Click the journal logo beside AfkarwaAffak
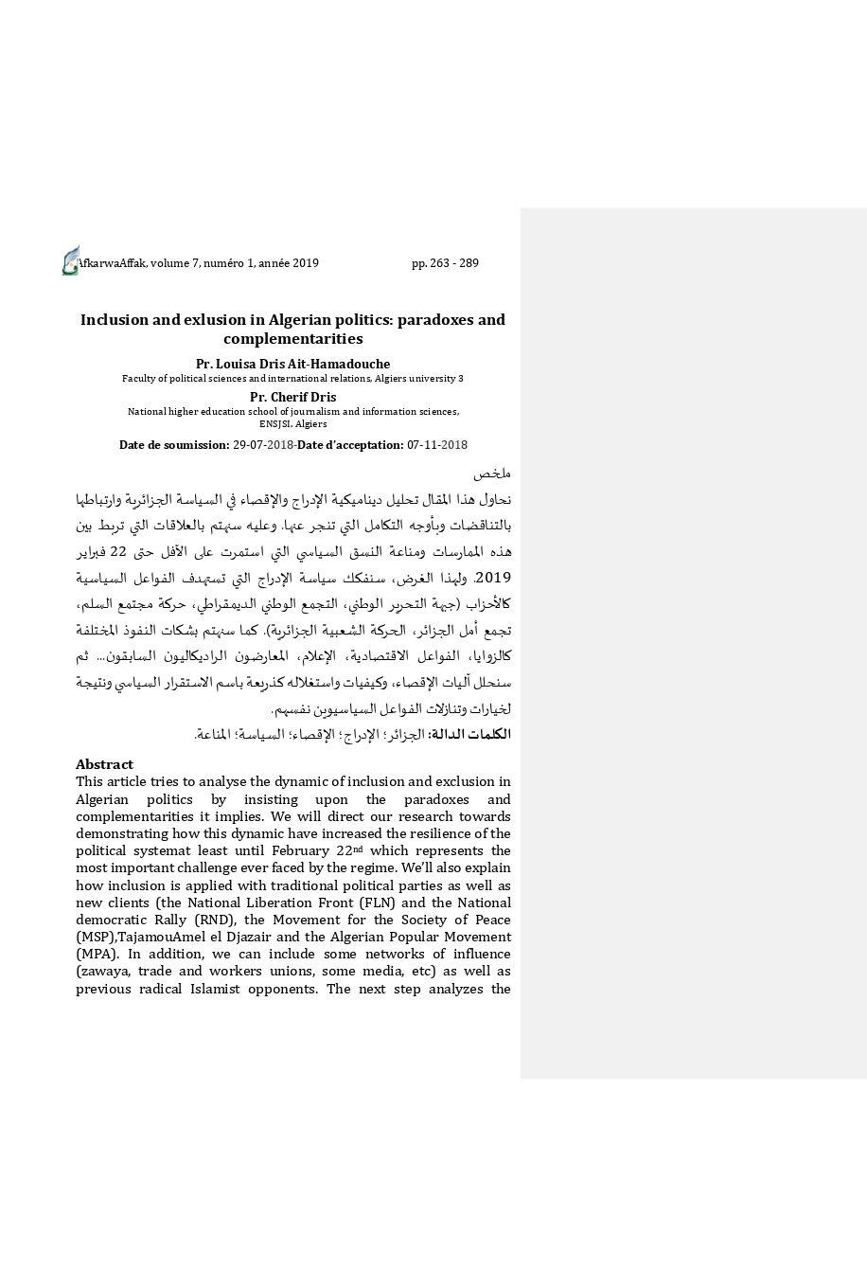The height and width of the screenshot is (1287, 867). pos(70,260)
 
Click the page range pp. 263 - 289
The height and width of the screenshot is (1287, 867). pos(445,263)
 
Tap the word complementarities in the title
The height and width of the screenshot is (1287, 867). pos(292,339)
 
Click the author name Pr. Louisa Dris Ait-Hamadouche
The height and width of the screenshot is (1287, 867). pos(292,364)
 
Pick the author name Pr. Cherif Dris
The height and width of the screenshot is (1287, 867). pos(292,397)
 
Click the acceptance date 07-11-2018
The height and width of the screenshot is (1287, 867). pos(437,445)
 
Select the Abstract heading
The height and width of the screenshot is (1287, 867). pos(104,764)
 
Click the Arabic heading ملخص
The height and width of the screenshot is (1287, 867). pos(492,473)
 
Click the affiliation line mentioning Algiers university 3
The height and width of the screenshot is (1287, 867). pos(292,379)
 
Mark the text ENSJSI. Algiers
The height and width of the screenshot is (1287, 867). pos(292,424)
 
